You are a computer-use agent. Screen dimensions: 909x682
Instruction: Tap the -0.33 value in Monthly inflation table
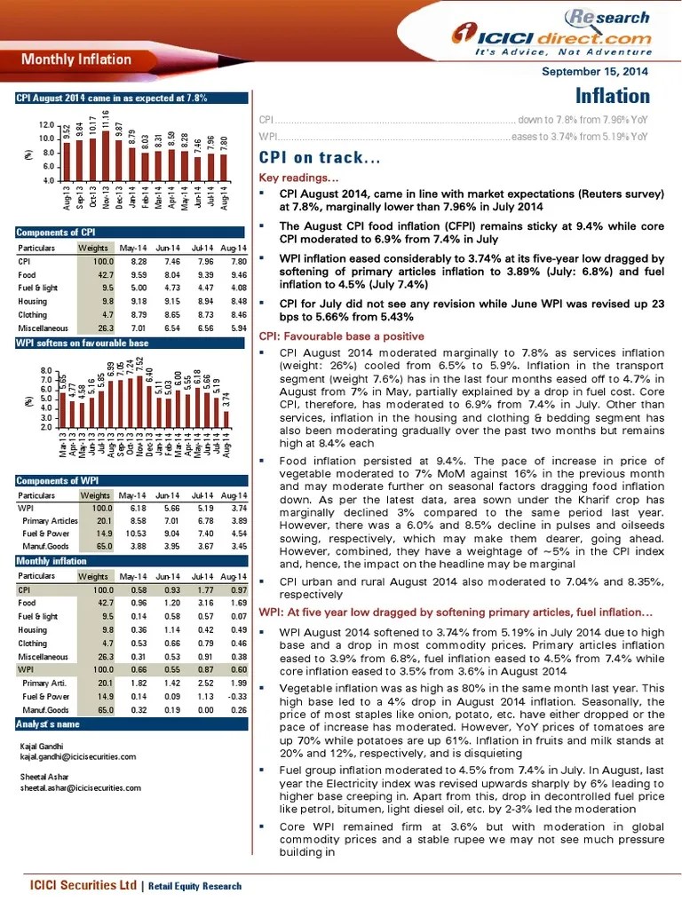(x=237, y=697)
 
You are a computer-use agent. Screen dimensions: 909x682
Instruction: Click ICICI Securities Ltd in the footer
(x=83, y=885)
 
